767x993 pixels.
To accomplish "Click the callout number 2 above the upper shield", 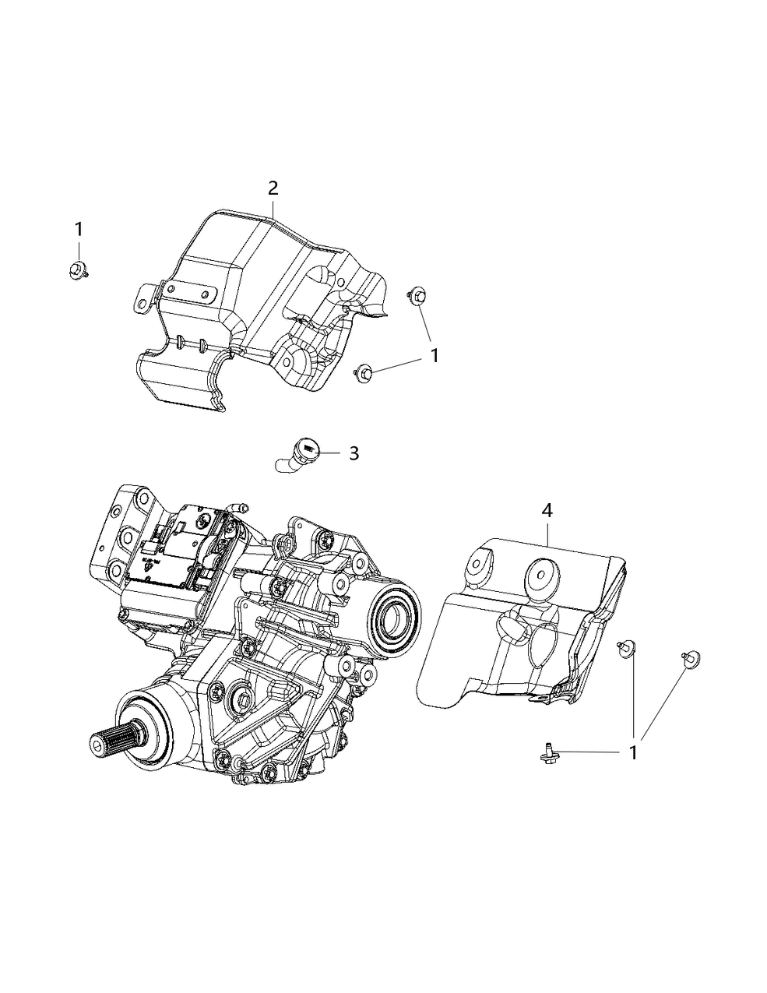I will coord(273,188).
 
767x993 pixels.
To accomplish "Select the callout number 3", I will coord(354,453).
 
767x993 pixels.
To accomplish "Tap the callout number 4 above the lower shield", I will coord(547,511).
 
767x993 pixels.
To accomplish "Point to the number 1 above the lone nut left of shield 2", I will coord(79,229).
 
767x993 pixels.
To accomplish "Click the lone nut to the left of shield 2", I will coord(77,270).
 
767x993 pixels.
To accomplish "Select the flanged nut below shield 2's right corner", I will coord(364,373).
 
